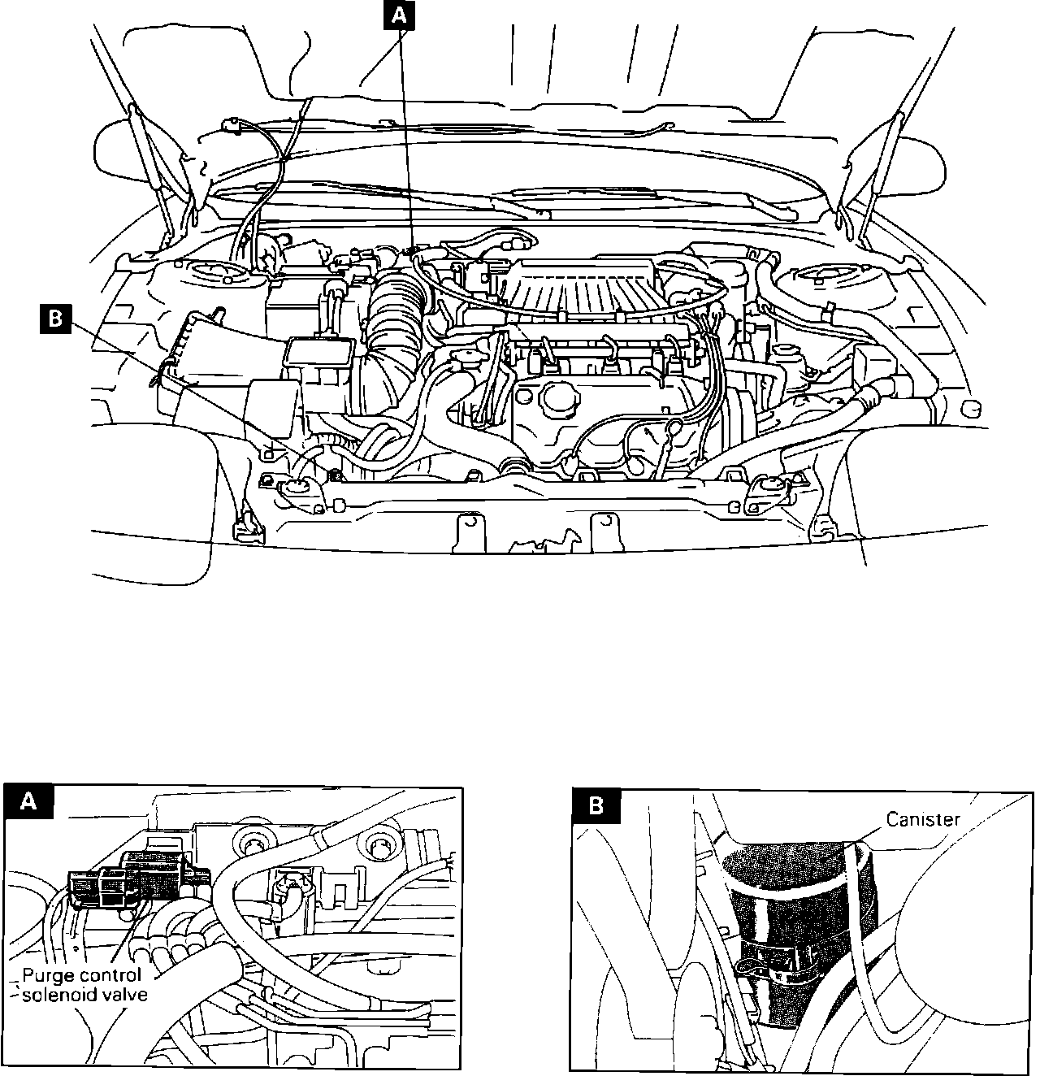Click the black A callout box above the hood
[x=399, y=15]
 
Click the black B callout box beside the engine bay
[x=55, y=319]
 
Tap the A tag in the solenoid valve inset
[x=28, y=802]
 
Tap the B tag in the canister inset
[x=596, y=806]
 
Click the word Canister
[x=923, y=819]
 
